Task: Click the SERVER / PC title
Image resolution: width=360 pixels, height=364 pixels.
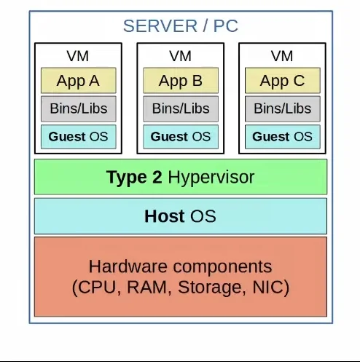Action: [x=181, y=26]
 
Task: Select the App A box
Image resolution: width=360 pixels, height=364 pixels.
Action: [x=79, y=80]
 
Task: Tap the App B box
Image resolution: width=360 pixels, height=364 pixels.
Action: [x=181, y=80]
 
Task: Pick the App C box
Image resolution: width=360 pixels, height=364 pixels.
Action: [x=283, y=80]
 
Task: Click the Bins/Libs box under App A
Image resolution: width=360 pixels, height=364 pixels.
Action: [x=79, y=108]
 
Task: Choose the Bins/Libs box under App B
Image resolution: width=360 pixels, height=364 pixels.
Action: [x=181, y=108]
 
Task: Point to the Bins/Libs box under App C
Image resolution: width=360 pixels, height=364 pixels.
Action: [x=283, y=108]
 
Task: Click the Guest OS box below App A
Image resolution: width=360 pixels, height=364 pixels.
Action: [x=79, y=137]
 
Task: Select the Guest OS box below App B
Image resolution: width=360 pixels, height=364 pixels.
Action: [x=181, y=137]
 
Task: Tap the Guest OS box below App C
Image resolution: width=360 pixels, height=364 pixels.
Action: [x=283, y=137]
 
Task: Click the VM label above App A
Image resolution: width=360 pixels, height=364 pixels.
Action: [x=78, y=56]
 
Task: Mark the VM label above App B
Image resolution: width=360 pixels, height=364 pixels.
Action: [x=180, y=56]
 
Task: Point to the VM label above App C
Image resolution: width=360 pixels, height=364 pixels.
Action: [x=282, y=56]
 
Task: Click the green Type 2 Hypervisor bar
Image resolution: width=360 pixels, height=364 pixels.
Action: [x=181, y=177]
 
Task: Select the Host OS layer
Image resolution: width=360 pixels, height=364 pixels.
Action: [x=181, y=216]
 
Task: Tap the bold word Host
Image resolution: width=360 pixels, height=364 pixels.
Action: [x=165, y=216]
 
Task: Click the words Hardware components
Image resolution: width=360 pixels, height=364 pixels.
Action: [x=180, y=266]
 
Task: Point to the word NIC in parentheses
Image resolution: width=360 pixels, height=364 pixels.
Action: [x=267, y=287]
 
